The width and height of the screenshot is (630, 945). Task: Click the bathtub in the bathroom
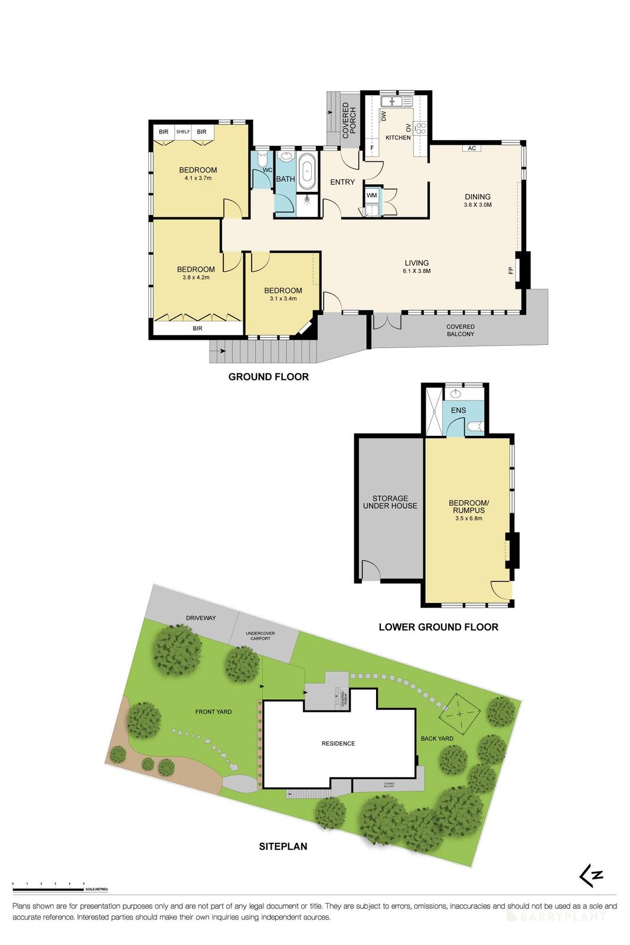pyautogui.click(x=307, y=172)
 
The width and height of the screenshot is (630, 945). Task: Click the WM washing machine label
pyautogui.click(x=372, y=195)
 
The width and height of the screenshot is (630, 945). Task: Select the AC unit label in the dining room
pyautogui.click(x=472, y=148)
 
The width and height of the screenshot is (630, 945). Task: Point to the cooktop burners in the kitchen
pyautogui.click(x=422, y=128)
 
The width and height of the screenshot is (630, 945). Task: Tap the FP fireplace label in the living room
pyautogui.click(x=510, y=271)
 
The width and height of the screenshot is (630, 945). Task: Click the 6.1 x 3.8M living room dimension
pyautogui.click(x=417, y=271)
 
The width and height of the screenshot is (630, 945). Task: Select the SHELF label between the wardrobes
pyautogui.click(x=183, y=132)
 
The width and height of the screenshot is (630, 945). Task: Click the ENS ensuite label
pyautogui.click(x=458, y=410)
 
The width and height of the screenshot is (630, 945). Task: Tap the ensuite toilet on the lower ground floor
pyautogui.click(x=475, y=426)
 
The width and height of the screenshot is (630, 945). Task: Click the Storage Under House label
pyautogui.click(x=390, y=502)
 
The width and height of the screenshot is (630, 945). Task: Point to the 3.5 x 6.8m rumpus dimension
pyautogui.click(x=469, y=519)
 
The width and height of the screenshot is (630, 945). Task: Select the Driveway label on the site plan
pyautogui.click(x=201, y=618)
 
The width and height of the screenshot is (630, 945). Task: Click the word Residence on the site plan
pyautogui.click(x=338, y=743)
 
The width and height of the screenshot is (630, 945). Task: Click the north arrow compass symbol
pyautogui.click(x=590, y=875)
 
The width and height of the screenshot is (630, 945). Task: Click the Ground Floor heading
pyautogui.click(x=268, y=377)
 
